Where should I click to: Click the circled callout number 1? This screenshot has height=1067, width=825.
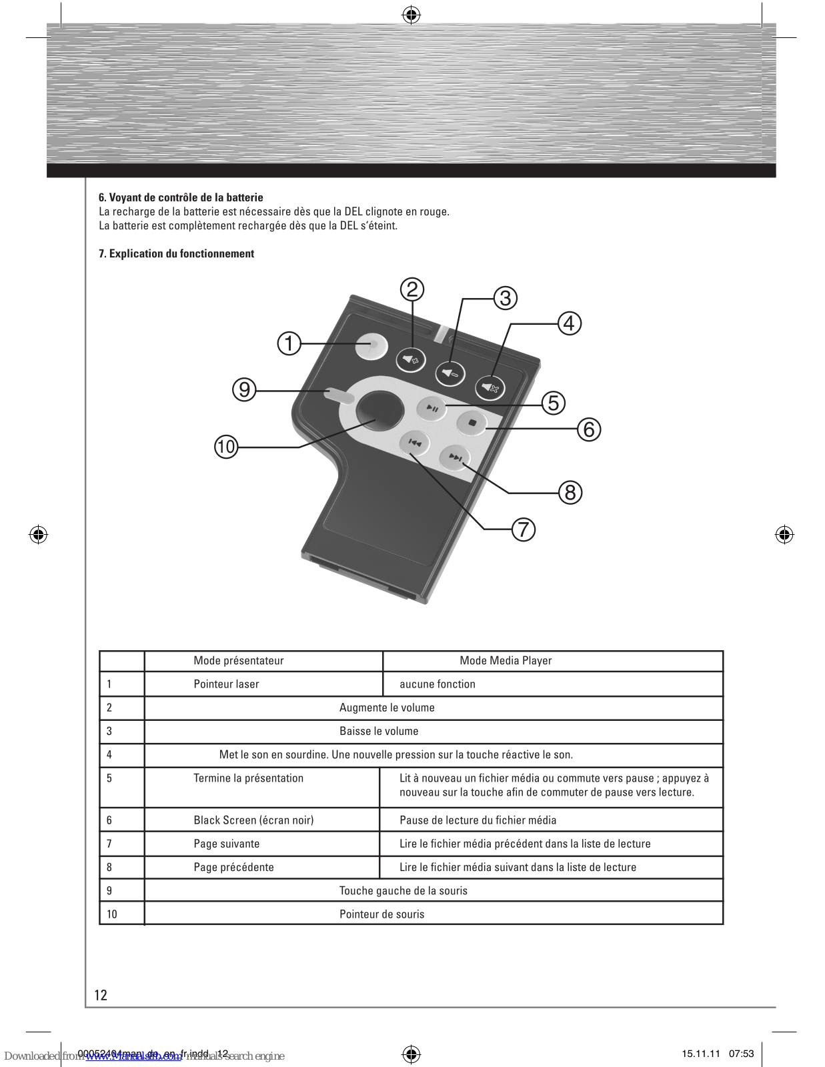289,343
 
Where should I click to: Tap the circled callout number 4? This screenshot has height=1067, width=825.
569,323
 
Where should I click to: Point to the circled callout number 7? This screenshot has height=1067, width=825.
524,529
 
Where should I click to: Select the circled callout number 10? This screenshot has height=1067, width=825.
226,446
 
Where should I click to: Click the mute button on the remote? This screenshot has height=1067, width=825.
490,387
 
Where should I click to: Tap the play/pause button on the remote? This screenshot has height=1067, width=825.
432,408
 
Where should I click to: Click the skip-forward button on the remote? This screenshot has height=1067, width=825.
456,457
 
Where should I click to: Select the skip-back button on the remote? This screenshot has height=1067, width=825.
414,442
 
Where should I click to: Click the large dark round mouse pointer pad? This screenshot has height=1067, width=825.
379,409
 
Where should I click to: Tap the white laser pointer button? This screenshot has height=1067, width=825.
371,345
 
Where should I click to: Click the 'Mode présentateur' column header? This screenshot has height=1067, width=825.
239,661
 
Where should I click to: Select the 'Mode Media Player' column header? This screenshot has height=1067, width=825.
506,661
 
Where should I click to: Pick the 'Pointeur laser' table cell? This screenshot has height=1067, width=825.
226,684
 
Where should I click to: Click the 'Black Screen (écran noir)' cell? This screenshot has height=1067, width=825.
253,820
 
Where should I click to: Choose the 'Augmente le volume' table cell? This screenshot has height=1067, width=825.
387,708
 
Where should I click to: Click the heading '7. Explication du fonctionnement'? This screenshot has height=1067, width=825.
176,253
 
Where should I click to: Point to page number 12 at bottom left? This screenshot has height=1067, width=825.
101,995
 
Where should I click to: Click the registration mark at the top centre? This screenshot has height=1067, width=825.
411,15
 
